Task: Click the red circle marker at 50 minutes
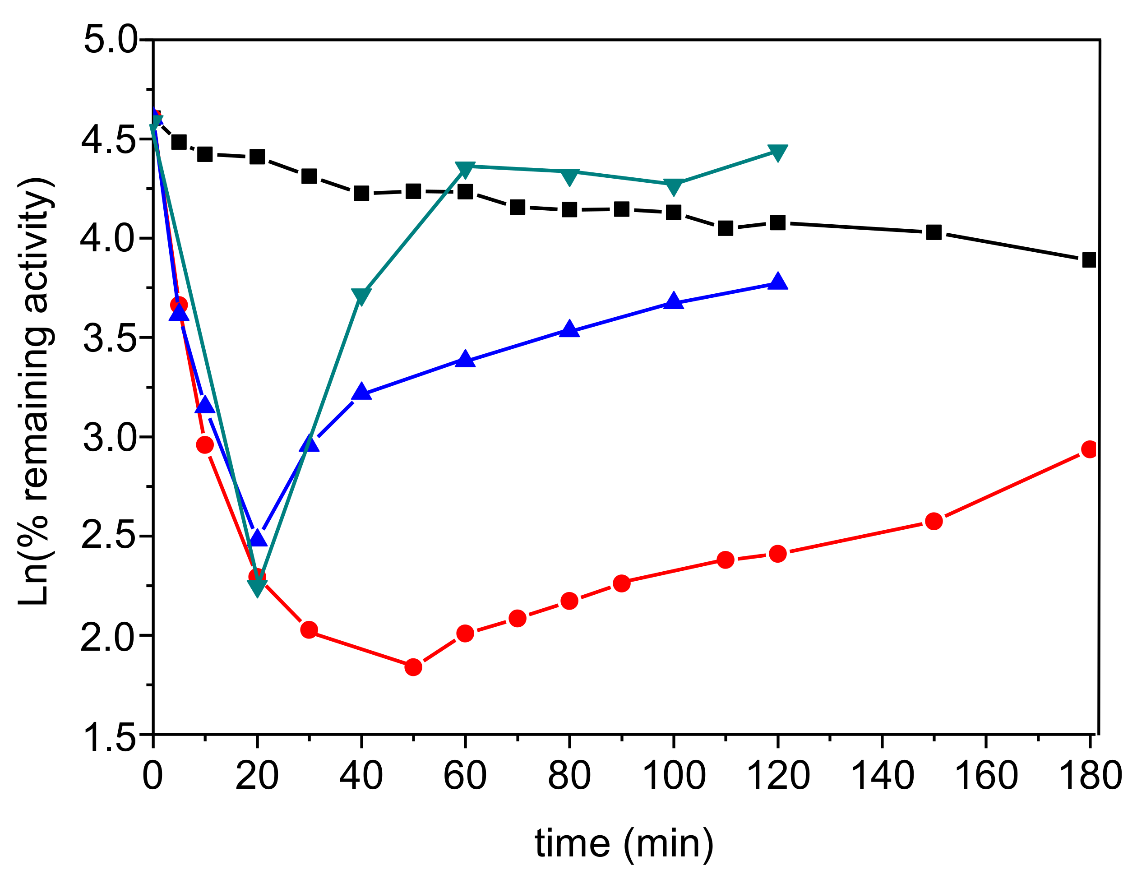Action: pos(413,667)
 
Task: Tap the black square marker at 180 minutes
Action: pos(1089,260)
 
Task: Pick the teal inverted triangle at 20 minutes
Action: pos(257,588)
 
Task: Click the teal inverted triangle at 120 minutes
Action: pos(777,153)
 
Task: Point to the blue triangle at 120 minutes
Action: pos(777,282)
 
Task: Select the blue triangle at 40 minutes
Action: pos(361,392)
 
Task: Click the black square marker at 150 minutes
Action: pos(934,232)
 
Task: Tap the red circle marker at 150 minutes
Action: pos(934,521)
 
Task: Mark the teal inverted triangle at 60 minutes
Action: pos(465,169)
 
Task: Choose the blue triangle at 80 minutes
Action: pos(569,329)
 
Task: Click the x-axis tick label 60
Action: pos(465,775)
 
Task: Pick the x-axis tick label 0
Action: pos(153,775)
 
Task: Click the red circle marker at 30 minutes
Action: pos(309,630)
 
